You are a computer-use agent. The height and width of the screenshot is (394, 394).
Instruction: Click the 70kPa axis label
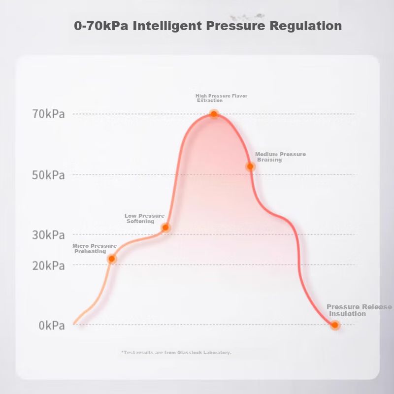pyautogui.click(x=48, y=114)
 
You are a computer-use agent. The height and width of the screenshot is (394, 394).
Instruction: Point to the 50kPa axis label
pyautogui.click(x=48, y=175)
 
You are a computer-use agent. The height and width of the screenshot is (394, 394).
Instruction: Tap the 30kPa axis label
pyautogui.click(x=48, y=235)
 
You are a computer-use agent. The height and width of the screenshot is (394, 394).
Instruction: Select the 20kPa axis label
pyautogui.click(x=48, y=265)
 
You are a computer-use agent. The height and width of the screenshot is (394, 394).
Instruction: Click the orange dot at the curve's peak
pyautogui.click(x=214, y=114)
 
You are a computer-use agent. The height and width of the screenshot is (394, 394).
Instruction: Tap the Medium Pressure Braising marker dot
pyautogui.click(x=250, y=166)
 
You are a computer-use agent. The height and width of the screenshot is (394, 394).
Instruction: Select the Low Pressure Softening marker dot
pyautogui.click(x=166, y=228)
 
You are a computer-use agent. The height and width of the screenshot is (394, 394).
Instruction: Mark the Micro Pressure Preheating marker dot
pyautogui.click(x=112, y=259)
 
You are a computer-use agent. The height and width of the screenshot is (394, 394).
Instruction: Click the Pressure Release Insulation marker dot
pyautogui.click(x=335, y=325)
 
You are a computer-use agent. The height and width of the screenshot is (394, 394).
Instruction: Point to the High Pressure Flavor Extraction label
pyautogui.click(x=221, y=98)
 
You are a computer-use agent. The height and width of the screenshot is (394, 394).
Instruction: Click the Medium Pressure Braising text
pyautogui.click(x=280, y=157)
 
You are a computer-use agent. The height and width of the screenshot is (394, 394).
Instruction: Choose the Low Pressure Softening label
pyautogui.click(x=144, y=218)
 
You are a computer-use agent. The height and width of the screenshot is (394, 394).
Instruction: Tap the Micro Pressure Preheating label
pyautogui.click(x=94, y=249)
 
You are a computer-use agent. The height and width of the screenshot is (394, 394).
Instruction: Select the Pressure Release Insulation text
pyautogui.click(x=359, y=310)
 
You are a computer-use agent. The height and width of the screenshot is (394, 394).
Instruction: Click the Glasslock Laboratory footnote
pyautogui.click(x=176, y=353)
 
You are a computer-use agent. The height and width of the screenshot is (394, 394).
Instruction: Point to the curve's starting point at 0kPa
pyautogui.click(x=74, y=324)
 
